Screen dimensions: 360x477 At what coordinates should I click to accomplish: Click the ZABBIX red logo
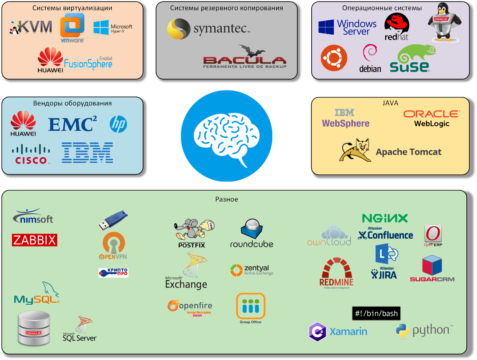click(35, 240)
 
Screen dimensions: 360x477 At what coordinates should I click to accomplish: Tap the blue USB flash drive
click(113, 221)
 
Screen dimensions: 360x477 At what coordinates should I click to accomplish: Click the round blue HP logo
click(118, 125)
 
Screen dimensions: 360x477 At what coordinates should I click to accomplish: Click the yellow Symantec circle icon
click(178, 29)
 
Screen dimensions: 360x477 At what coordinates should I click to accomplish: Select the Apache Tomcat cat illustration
click(355, 150)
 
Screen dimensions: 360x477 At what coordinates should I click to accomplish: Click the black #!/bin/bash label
click(376, 313)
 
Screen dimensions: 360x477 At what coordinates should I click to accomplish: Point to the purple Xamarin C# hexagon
click(318, 331)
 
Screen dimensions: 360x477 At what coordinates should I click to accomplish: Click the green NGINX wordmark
click(385, 218)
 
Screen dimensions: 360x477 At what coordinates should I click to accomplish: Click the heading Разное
click(227, 199)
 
